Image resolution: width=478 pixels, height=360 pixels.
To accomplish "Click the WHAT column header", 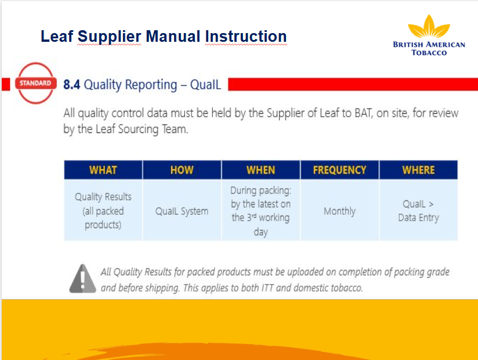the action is [x=103, y=170].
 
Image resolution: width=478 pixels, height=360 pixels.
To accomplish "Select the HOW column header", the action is [x=182, y=170].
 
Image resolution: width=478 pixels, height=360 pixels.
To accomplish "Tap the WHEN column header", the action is [x=260, y=170].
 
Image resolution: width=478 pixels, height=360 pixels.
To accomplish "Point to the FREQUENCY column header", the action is [x=339, y=170].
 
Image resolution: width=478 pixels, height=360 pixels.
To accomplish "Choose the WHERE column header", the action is [x=418, y=170].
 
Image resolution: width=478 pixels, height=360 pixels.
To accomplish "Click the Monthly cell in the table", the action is [x=339, y=211].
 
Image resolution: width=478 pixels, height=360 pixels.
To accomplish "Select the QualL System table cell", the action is [x=182, y=211].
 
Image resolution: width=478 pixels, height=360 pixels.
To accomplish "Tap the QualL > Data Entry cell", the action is [x=418, y=211].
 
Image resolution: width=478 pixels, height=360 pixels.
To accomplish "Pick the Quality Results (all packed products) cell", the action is [x=103, y=211].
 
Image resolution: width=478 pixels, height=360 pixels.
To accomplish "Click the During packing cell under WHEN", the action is [x=260, y=211].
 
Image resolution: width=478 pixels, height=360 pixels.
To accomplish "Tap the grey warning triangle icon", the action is [x=82, y=279].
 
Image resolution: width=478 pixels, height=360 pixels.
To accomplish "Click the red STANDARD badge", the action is [x=35, y=83].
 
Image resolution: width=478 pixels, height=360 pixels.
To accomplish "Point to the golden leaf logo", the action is [x=429, y=26].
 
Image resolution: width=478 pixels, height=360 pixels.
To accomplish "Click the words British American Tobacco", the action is [x=429, y=49].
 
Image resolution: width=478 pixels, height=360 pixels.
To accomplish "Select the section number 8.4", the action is [x=71, y=85].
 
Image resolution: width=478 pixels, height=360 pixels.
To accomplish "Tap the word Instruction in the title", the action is [x=246, y=37].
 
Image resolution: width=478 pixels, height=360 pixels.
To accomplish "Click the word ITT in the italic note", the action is [x=267, y=287].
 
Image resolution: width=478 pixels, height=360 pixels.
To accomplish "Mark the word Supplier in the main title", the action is [x=109, y=37].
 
